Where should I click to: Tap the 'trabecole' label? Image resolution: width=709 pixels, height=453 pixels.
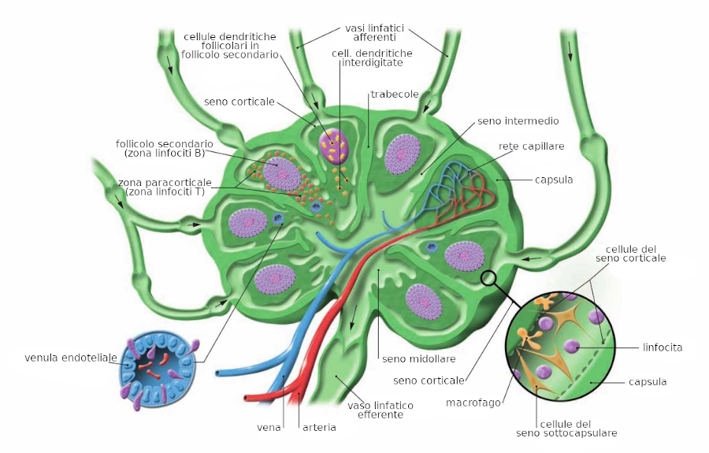395,95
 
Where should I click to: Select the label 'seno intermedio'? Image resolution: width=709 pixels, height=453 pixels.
518,121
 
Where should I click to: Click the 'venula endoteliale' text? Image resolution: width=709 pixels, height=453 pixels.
70,358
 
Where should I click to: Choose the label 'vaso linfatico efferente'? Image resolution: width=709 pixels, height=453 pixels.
380,410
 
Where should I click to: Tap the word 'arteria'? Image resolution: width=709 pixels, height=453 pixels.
320,428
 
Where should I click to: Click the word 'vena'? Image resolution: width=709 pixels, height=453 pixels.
269,428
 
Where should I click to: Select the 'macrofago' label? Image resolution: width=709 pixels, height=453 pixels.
473,403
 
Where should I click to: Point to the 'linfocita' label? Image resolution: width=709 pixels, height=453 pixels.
662,347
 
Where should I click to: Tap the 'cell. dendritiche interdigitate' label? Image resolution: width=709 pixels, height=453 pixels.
372,58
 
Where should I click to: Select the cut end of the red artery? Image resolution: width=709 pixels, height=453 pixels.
248,399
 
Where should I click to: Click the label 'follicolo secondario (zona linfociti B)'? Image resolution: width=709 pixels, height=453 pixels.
164,148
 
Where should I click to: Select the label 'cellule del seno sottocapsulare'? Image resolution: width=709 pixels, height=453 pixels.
566,428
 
